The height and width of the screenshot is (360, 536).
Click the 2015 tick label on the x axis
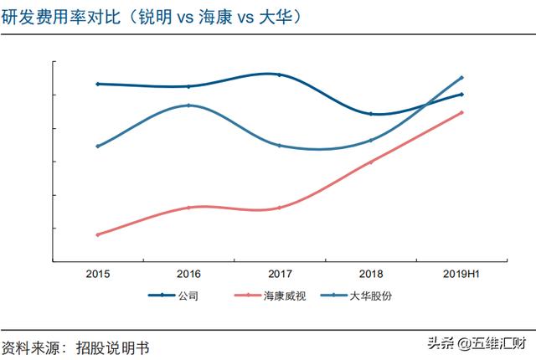click(98, 275)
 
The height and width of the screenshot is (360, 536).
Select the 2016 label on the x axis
click(188, 275)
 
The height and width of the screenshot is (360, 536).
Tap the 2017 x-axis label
click(280, 275)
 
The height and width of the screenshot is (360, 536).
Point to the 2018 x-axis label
click(370, 275)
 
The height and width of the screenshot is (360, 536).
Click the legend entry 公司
click(188, 296)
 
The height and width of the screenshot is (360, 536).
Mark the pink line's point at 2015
click(98, 234)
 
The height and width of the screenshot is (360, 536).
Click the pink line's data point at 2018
click(370, 162)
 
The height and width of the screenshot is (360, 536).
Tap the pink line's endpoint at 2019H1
click(461, 112)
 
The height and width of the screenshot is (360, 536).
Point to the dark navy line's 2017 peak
click(279, 75)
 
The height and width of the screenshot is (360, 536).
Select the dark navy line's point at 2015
click(98, 84)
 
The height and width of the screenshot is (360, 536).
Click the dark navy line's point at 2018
click(370, 114)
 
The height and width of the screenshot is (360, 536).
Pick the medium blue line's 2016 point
click(188, 105)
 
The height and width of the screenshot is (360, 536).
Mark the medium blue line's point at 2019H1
click(461, 78)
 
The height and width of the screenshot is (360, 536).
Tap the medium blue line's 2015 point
click(98, 147)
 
